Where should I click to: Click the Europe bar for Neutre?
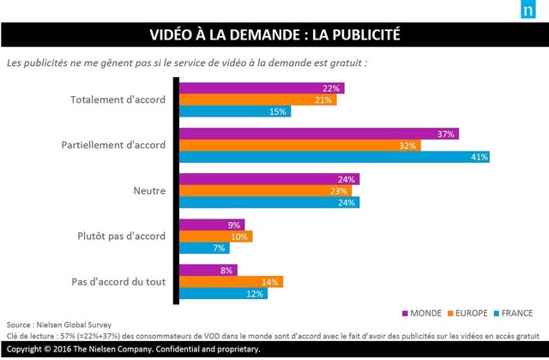click(267, 190)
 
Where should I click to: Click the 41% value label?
click(478, 157)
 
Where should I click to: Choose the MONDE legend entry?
click(419, 312)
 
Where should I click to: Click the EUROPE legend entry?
click(468, 312)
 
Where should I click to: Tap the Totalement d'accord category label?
click(118, 99)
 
